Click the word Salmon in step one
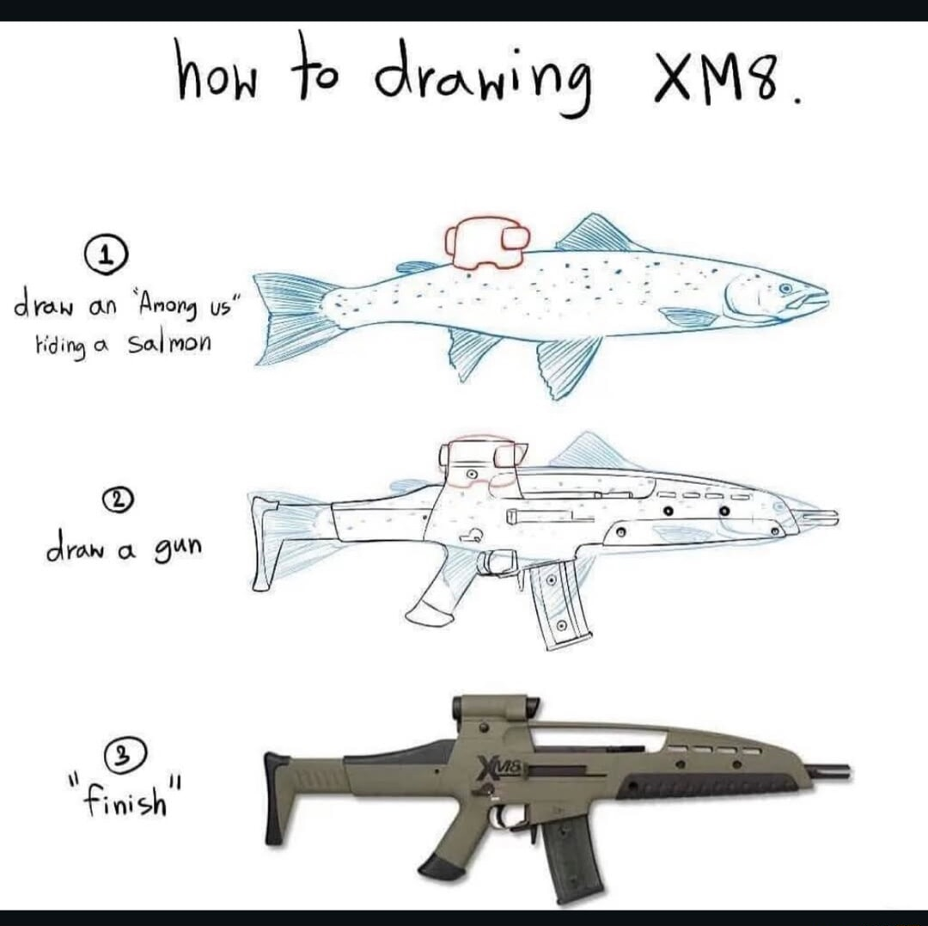pyautogui.click(x=168, y=343)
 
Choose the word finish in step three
pyautogui.click(x=126, y=799)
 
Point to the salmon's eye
pyautogui.click(x=785, y=288)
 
